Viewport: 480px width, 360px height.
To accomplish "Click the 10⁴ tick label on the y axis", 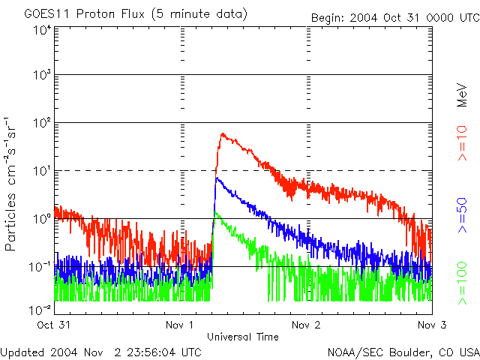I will click(42, 30).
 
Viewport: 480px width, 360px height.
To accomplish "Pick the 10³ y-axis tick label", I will click(42, 76).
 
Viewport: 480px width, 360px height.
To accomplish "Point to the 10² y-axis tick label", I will click(42, 124).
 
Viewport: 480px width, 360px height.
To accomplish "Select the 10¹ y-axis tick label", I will click(42, 171).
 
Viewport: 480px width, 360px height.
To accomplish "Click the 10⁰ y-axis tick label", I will click(42, 219).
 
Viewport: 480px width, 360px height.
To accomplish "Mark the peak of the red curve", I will click(223, 134).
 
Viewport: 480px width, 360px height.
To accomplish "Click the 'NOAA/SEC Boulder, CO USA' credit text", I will click(403, 352).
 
